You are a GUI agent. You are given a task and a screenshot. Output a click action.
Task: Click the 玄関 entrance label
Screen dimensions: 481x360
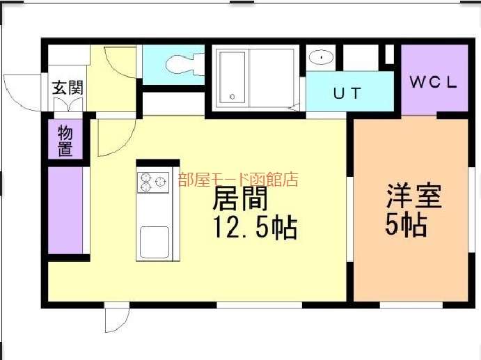(x=68, y=88)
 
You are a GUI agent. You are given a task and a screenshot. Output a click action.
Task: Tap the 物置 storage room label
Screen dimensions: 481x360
(x=65, y=140)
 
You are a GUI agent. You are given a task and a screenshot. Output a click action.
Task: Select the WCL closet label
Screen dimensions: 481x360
(x=434, y=82)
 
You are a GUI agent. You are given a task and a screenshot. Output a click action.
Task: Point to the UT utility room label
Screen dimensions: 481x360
(x=347, y=93)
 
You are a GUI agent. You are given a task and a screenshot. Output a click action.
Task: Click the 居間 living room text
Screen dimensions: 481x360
(x=240, y=198)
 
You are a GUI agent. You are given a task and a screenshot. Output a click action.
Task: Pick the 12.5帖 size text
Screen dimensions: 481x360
(x=255, y=228)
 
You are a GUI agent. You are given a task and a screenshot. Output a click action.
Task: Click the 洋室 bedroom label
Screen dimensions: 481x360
(x=413, y=196)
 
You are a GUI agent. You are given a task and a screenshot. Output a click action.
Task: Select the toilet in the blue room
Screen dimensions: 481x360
(x=184, y=64)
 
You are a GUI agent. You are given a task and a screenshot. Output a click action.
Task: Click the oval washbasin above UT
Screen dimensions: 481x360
(x=321, y=57)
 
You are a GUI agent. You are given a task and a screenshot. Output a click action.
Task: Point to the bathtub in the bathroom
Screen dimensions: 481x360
(x=232, y=77)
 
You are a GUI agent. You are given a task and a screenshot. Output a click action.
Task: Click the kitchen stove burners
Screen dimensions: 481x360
(x=152, y=182)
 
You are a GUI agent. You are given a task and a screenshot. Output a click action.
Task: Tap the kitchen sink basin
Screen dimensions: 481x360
(x=155, y=242)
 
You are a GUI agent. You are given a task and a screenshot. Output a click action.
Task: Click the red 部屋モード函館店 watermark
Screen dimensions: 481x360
(x=238, y=180)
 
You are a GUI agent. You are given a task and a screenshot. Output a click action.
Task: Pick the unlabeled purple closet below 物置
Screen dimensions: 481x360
(x=65, y=210)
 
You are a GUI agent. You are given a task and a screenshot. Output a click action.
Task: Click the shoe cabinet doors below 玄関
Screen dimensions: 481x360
(x=68, y=104)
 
